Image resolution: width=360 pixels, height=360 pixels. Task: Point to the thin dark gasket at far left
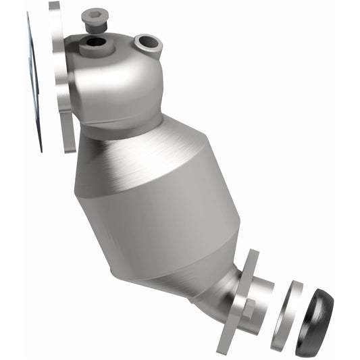tap(33, 81)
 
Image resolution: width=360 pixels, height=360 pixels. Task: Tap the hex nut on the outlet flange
tap(247, 311)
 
